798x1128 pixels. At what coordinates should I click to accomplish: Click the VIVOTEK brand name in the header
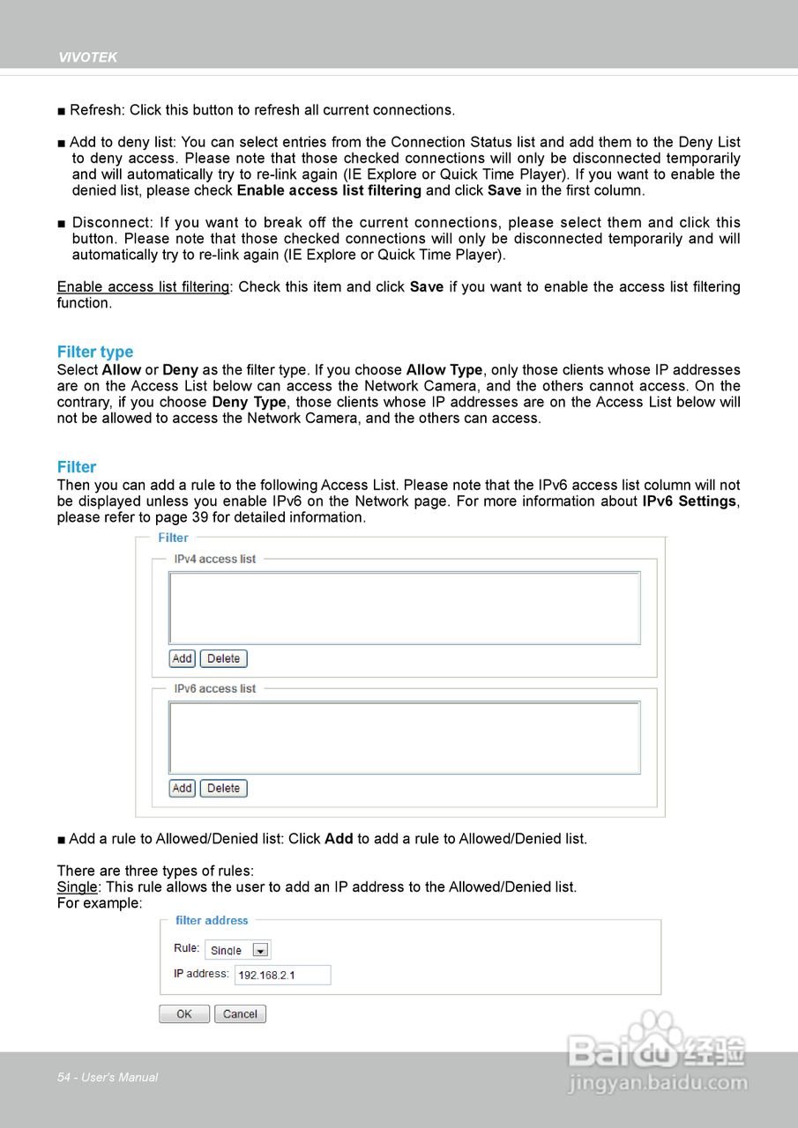[87, 57]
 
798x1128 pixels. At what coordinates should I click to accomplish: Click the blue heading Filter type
[95, 352]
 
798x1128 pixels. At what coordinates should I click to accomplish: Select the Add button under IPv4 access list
[183, 658]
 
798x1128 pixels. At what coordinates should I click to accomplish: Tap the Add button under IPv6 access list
[183, 788]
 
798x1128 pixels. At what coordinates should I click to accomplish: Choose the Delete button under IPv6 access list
[224, 788]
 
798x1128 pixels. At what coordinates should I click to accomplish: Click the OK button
[184, 1013]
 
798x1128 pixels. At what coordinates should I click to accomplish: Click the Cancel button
[240, 1013]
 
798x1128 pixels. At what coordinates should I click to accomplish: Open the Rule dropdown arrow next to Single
[260, 950]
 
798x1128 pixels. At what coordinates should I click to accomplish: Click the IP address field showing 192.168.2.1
[282, 975]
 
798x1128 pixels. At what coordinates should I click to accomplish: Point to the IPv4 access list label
[215, 559]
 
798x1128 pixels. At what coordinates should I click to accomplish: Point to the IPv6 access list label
[215, 688]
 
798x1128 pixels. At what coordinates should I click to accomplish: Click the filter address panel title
[212, 920]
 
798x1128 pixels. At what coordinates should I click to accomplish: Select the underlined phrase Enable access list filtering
[143, 287]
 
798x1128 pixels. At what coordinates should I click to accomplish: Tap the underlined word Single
[77, 887]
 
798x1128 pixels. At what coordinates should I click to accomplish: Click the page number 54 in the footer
[63, 1077]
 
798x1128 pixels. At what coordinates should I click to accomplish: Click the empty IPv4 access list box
[405, 608]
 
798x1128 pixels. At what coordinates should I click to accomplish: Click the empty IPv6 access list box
[405, 738]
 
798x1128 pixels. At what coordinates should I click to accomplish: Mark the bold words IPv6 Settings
[690, 501]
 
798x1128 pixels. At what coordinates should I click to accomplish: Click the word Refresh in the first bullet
[97, 110]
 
